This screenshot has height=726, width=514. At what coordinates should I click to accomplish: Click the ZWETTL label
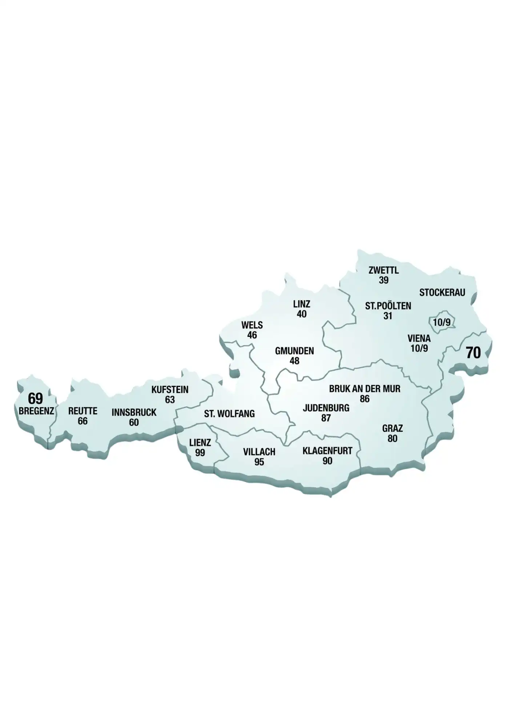click(384, 270)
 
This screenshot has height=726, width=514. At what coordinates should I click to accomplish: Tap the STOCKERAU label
click(442, 293)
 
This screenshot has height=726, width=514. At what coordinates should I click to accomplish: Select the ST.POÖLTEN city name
click(388, 306)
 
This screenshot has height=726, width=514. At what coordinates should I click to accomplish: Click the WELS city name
click(252, 325)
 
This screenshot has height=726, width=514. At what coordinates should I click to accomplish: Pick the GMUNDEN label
click(294, 351)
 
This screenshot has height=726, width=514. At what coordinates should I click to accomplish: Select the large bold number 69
click(35, 399)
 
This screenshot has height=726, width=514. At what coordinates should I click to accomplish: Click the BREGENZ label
click(36, 411)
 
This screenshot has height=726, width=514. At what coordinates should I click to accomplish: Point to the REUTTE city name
click(83, 411)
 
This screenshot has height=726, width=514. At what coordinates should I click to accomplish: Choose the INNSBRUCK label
click(134, 412)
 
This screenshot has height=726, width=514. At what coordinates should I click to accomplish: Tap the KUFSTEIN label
click(170, 390)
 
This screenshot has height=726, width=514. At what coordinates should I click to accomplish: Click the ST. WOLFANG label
click(229, 414)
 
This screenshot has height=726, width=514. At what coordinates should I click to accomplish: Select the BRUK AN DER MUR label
click(365, 389)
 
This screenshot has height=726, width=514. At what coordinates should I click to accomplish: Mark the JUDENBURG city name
click(326, 408)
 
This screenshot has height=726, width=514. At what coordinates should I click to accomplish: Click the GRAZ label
click(392, 429)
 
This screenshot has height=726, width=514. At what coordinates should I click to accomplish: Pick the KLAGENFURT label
click(327, 451)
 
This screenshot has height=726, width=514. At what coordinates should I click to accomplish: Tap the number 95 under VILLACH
click(259, 462)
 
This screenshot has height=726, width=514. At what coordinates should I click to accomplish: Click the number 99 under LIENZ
click(200, 453)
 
